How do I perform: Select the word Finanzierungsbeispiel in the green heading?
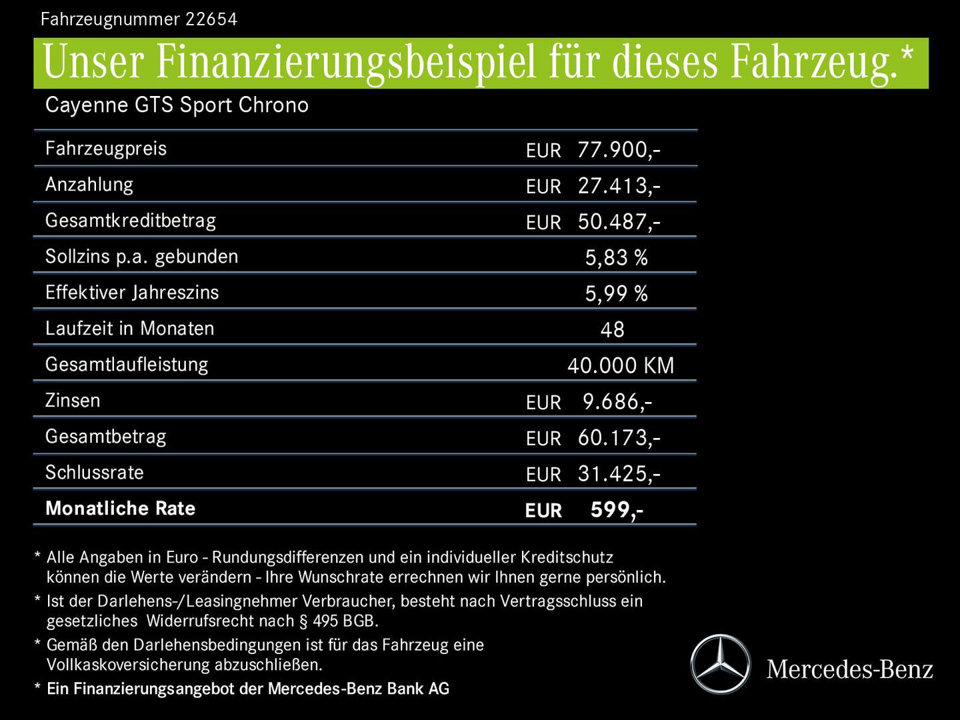pyautogui.click(x=346, y=63)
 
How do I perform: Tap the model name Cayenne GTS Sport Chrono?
pyautogui.click(x=177, y=105)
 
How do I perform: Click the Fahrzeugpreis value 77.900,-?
pyautogui.click(x=619, y=150)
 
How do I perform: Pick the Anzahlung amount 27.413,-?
pyautogui.click(x=619, y=186)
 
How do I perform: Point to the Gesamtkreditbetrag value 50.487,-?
pyautogui.click(x=619, y=222)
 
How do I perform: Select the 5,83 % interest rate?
pyautogui.click(x=616, y=258)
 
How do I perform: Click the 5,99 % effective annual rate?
pyautogui.click(x=616, y=294)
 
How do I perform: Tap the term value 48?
pyautogui.click(x=612, y=330)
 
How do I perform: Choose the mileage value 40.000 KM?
pyautogui.click(x=621, y=366)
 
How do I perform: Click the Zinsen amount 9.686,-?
pyautogui.click(x=617, y=402)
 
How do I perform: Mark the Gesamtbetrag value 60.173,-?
pyautogui.click(x=619, y=438)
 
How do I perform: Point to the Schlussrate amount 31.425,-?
pyautogui.click(x=619, y=474)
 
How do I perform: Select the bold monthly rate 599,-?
pyautogui.click(x=617, y=510)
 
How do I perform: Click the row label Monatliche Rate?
pyautogui.click(x=120, y=509)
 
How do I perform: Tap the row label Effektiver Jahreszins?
pyautogui.click(x=132, y=293)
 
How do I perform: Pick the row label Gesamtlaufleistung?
pyautogui.click(x=127, y=365)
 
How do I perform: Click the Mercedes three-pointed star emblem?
pyautogui.click(x=720, y=665)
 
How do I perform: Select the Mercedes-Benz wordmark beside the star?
pyautogui.click(x=850, y=669)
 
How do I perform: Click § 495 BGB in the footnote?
pyautogui.click(x=339, y=621)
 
